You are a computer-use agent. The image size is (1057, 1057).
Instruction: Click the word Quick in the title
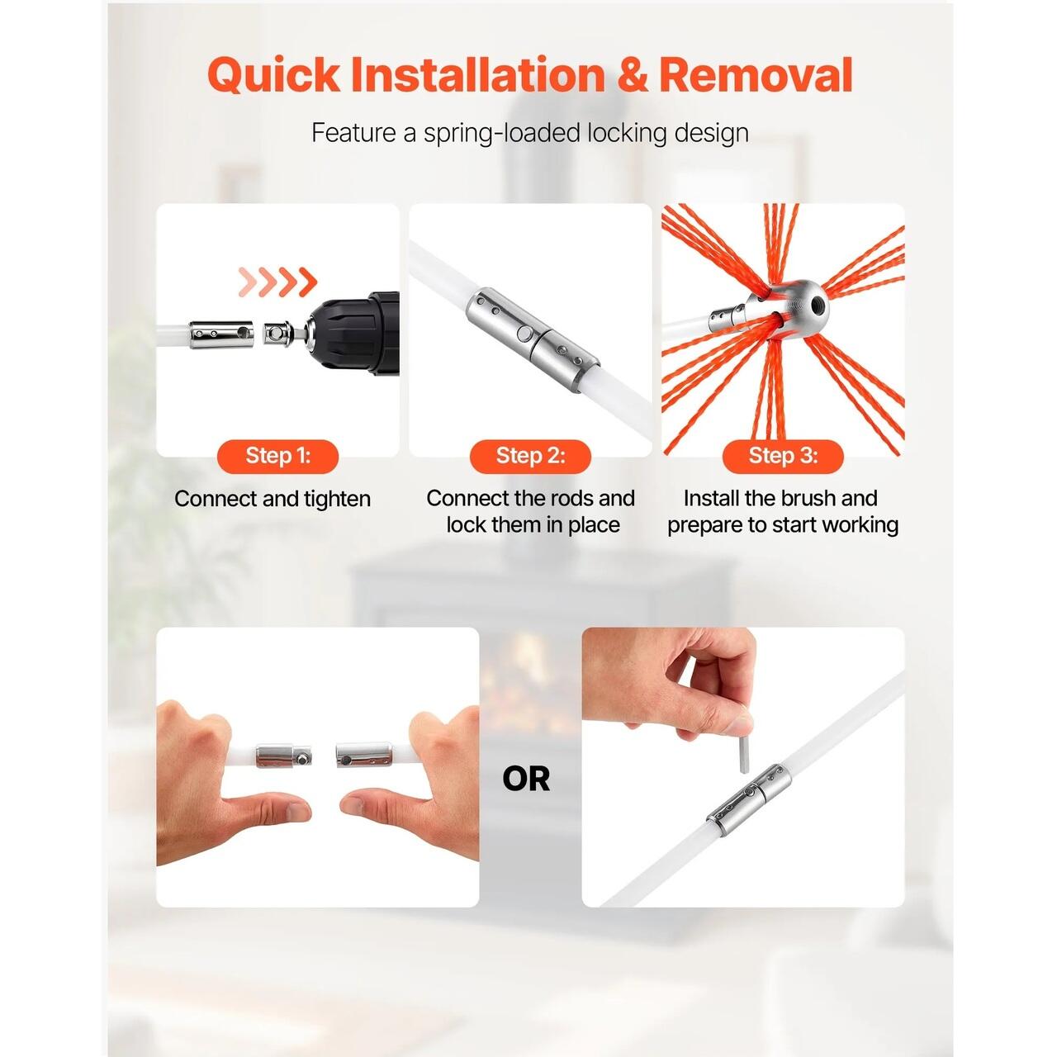point(273,75)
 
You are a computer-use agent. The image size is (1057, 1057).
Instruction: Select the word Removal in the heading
point(756,74)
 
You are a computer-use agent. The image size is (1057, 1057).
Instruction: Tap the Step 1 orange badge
point(277,457)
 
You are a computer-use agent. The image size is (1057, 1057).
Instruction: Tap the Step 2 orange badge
point(530,457)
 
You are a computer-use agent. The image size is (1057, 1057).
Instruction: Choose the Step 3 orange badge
point(783,457)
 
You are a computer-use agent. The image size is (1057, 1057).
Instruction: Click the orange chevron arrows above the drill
point(278,282)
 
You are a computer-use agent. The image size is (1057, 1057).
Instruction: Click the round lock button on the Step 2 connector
point(524,333)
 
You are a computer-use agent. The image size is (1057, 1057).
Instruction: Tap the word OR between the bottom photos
point(525,780)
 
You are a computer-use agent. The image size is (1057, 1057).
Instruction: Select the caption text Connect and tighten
point(273,499)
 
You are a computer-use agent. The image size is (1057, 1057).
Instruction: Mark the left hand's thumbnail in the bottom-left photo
point(298,810)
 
